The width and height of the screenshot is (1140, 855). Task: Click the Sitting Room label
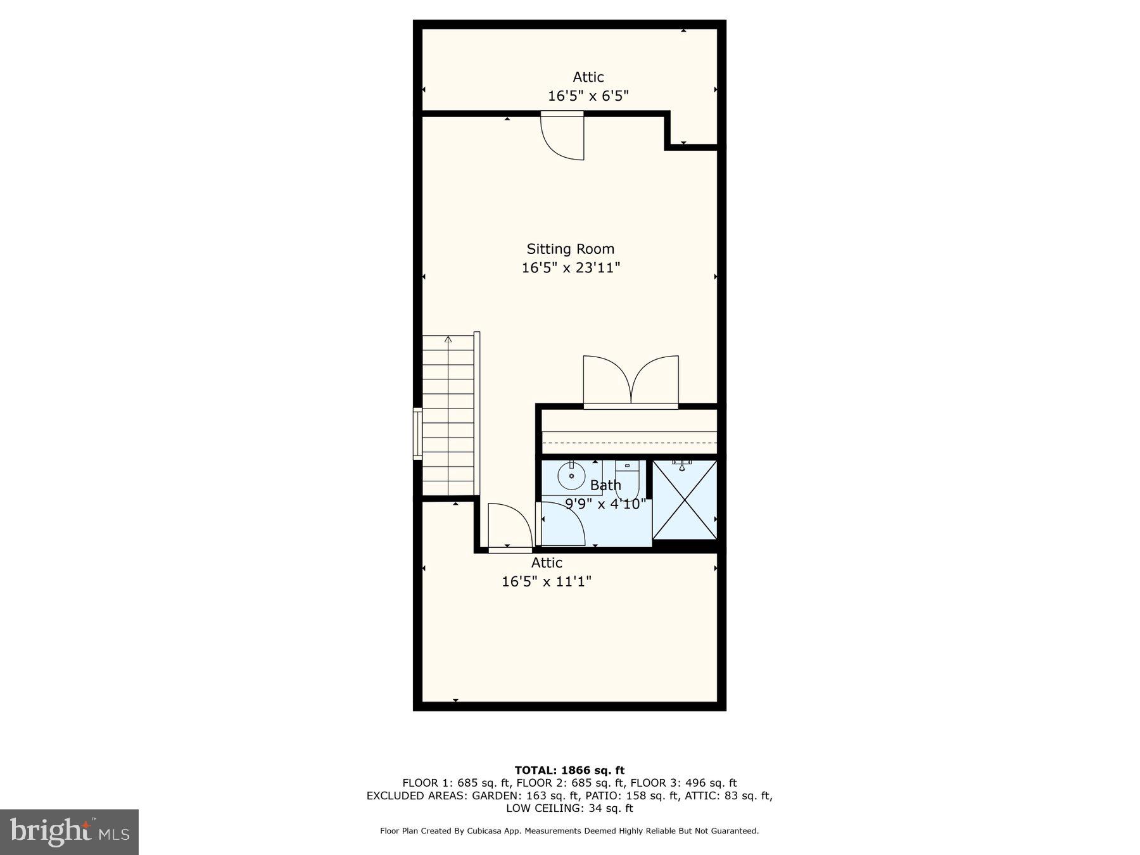coord(570,249)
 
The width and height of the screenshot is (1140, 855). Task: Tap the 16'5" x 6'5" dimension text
coord(588,96)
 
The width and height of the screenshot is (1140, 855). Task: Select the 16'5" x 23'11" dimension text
coord(570,268)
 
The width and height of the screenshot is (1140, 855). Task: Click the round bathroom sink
coord(571,476)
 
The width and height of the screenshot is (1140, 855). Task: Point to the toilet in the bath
coord(627,481)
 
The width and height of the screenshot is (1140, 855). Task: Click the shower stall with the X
coord(685,500)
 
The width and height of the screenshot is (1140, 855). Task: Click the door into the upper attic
coord(562,136)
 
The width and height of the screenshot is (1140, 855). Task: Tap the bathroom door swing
coord(562,523)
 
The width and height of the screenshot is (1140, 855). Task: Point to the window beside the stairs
coord(417,434)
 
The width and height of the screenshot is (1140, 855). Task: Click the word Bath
coord(605,485)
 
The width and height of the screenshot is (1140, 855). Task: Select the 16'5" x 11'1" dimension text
coord(547,581)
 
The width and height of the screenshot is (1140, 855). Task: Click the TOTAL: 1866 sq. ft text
coord(569,770)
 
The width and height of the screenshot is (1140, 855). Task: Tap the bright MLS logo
coord(69,831)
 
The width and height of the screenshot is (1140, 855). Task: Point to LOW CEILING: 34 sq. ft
coord(569,808)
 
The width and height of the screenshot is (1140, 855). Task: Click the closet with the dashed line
coord(630,432)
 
